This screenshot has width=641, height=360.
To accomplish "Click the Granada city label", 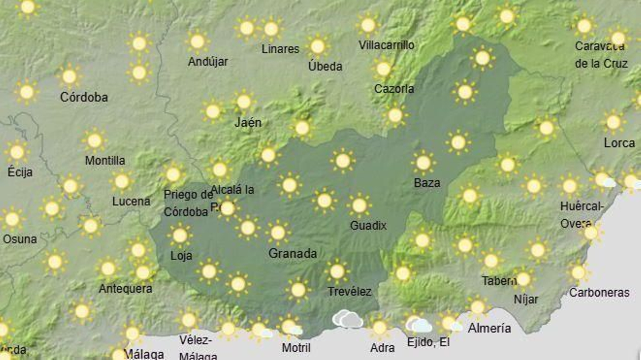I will tap(292, 253).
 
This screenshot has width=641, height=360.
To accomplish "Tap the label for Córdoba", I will tap(84, 97).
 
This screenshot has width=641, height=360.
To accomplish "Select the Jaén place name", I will tap(248, 122).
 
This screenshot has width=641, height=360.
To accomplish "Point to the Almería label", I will tap(489, 328).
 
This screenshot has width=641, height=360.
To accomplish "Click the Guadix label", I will tap(368, 225).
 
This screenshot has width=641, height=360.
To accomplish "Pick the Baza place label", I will tap(427, 183).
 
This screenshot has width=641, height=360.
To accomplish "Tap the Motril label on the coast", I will tap(296, 347).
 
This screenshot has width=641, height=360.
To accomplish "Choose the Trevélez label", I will tap(349, 291).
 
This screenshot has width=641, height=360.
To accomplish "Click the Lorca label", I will tap(619, 143).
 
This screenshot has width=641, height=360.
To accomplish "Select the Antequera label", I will tap(125, 289).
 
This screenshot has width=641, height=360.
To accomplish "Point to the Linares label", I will tap(280, 49).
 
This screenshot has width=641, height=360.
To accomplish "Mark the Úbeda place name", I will tap(325, 66).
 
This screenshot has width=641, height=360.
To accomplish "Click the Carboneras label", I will tap(599, 293).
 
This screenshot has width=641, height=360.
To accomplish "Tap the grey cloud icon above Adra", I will tap(347, 319).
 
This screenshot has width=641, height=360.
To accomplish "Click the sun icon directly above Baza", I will tap(423, 163).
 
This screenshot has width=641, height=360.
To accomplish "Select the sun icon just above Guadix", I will tap(359, 205).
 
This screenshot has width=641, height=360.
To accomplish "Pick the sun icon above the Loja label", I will tap(180, 235).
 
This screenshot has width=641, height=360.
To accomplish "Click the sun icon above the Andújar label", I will tap(198, 41).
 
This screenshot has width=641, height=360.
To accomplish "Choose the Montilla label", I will tap(105, 160).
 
